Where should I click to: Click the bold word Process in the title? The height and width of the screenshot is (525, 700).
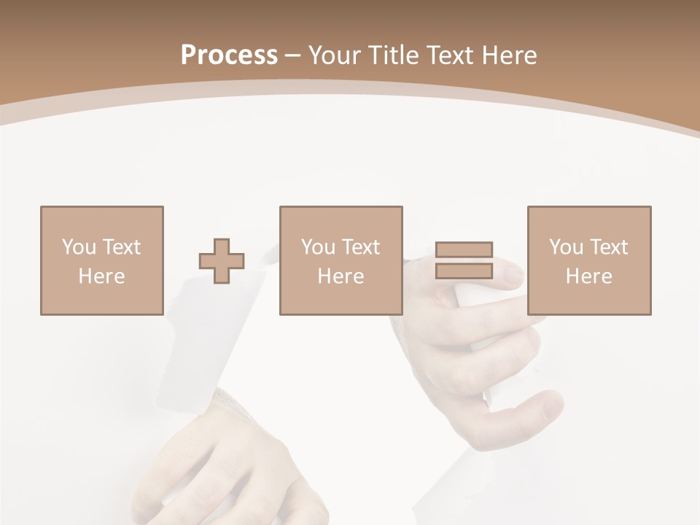tap(229, 55)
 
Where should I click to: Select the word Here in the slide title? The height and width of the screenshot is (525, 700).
tap(510, 55)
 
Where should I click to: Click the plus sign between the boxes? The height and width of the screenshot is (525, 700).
tap(222, 261)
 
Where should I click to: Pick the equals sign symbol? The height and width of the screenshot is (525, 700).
tap(464, 260)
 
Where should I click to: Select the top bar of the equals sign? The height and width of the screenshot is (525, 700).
tap(464, 250)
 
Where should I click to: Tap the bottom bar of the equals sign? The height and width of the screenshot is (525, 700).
tap(464, 271)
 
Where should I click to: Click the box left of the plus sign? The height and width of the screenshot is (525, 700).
tap(101, 260)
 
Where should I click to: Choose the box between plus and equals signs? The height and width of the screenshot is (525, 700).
tap(341, 260)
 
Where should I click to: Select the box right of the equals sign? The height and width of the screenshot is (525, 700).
tap(588, 260)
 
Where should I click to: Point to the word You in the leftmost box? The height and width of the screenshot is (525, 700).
tap(79, 247)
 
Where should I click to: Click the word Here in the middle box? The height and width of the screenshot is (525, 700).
tap(341, 276)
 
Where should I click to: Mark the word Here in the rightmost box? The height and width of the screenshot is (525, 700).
tap(588, 276)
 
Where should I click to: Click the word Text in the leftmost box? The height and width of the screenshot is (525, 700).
tap(121, 247)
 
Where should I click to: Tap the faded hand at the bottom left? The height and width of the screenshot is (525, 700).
tap(233, 467)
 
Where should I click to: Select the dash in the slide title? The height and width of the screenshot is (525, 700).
tap(292, 55)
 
